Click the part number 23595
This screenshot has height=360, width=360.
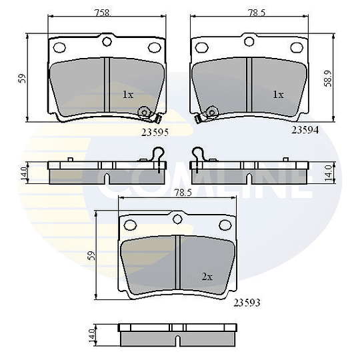155,132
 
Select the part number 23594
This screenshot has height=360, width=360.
305,130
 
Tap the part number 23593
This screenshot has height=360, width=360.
247,303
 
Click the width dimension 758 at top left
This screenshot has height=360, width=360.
103,13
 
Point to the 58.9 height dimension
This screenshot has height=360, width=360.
328,78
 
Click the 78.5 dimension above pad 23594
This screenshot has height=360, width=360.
257,13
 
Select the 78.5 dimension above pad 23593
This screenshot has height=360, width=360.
183,193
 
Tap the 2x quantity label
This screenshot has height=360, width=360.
207,277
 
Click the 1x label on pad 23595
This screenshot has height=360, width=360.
128,95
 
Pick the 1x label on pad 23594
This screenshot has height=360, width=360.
278,95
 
